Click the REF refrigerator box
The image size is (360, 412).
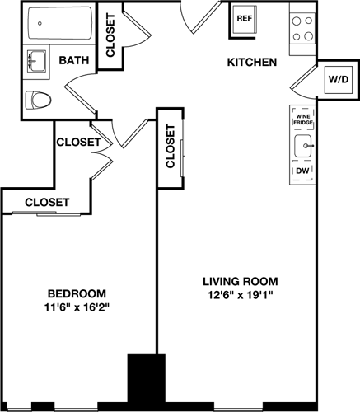245,18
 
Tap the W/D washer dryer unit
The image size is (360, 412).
338,80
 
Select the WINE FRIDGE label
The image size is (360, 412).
302,121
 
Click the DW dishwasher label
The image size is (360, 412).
302,171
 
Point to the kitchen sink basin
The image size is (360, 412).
303,147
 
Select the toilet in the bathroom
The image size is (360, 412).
37,101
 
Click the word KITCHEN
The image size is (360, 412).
251,63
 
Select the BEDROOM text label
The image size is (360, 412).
77,294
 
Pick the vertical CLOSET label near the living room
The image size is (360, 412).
170,147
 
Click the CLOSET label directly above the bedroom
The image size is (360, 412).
46,202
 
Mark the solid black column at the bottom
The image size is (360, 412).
141,381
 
